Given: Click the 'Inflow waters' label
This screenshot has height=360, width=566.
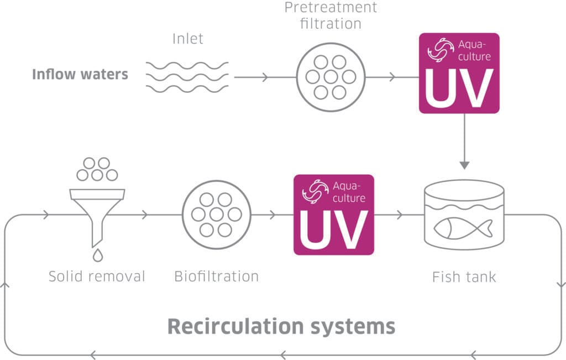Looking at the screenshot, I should (x=80, y=74).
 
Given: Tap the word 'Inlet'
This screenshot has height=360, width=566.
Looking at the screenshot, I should (x=188, y=39).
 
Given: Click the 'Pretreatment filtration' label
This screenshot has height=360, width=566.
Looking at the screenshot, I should (x=331, y=15).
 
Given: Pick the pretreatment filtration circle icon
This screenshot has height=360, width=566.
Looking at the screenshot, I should (x=330, y=77).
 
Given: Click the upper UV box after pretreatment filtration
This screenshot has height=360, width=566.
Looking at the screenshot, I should (x=459, y=73).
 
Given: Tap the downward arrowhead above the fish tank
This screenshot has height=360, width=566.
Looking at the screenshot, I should (x=464, y=165).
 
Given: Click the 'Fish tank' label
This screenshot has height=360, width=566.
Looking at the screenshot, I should (x=464, y=276).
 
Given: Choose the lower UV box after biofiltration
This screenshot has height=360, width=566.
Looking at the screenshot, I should (x=333, y=215).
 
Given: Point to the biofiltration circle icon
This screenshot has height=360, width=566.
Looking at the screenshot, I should (x=216, y=215).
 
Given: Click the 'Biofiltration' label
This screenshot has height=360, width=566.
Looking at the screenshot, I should (x=216, y=276).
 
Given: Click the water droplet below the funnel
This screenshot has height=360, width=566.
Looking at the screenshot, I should (x=97, y=255).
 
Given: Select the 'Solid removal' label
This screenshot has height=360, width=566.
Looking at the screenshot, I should (x=97, y=276).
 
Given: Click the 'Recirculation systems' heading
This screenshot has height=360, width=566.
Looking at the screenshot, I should (x=281, y=326).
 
